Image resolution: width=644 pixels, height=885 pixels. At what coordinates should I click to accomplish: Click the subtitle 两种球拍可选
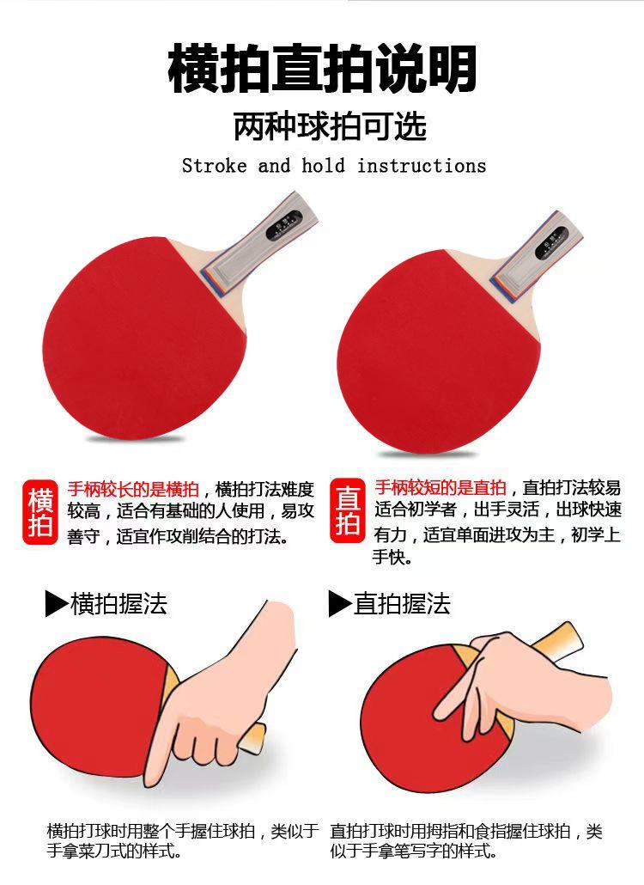coord(330,127)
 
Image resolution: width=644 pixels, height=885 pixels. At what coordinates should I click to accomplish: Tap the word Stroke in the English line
coord(214,166)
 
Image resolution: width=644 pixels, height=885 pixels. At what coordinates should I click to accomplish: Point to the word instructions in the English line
coord(422,166)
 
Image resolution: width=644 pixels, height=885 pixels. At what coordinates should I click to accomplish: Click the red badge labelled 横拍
coord(40,512)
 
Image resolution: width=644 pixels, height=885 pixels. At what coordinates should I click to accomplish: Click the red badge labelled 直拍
coord(347,512)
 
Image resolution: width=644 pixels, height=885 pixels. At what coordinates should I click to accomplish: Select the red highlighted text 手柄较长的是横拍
coord(133,490)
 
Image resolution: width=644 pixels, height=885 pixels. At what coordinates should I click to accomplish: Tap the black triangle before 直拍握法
coord(340,604)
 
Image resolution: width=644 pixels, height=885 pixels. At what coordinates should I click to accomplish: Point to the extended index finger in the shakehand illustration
coord(160,756)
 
